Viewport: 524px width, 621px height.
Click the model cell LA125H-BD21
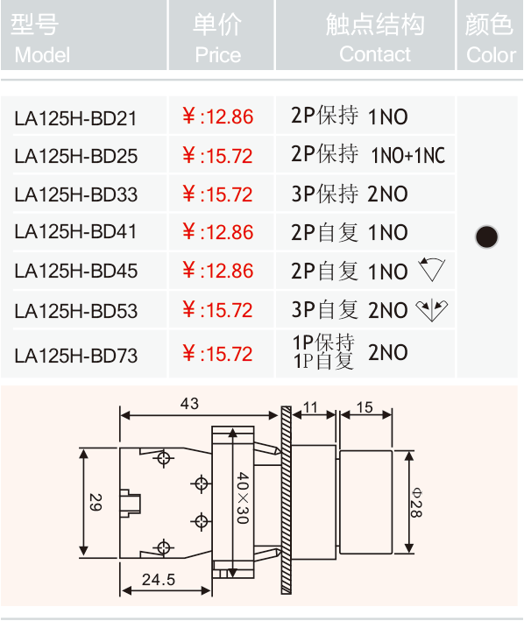pos(75,118)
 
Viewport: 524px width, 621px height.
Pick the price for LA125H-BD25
pos(217,156)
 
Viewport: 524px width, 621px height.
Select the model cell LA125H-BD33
pos(75,194)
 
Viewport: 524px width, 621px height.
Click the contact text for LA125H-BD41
pos(350,232)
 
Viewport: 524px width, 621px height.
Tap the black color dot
pos(487,236)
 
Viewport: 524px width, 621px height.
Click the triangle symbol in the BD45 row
pos(432,269)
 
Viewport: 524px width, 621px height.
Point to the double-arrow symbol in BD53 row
pos(432,310)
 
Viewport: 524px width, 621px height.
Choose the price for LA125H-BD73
pos(217,353)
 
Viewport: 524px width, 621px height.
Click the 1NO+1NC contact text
pos(408,155)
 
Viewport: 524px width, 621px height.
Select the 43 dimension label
pos(189,404)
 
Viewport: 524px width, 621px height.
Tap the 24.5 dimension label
pos(159,580)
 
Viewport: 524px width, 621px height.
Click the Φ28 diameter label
pos(416,502)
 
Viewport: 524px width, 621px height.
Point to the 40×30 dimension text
pos(243,498)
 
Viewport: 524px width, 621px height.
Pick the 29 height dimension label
pos(96,502)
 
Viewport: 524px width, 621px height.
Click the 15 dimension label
pos(365,407)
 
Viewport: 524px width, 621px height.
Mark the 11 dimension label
pos(310,407)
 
